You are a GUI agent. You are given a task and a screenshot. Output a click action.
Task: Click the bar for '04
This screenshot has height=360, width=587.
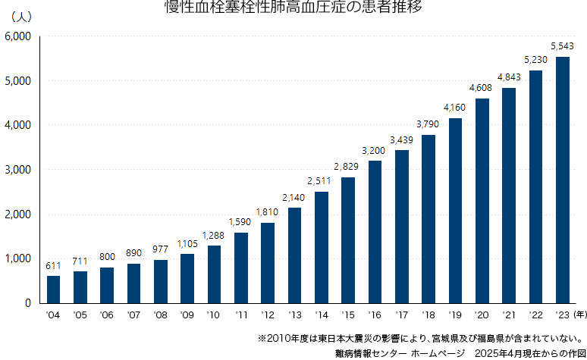coord(53,289)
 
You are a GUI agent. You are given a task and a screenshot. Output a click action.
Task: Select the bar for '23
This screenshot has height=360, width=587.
coord(563,180)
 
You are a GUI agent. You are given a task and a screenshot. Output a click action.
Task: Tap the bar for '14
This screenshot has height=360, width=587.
coord(322,247)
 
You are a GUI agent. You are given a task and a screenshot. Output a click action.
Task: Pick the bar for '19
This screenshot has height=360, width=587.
coord(455,210)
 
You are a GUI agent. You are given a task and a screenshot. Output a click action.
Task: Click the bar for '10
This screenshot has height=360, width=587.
coord(214,274)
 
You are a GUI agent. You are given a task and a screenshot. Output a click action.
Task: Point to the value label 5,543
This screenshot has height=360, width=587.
coord(563,47)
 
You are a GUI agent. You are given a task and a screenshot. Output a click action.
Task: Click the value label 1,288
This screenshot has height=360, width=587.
coord(214,236)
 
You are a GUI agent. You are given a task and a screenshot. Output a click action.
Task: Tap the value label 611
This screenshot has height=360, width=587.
coord(53,266)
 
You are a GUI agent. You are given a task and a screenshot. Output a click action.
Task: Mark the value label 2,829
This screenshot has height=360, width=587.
coord(348,167)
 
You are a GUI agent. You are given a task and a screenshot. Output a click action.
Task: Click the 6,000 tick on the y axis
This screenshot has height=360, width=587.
coord(17,36)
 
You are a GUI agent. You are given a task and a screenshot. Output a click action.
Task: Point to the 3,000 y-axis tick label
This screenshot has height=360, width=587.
coord(17,170)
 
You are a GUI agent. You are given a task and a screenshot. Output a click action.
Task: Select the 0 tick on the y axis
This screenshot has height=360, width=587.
coord(27,303)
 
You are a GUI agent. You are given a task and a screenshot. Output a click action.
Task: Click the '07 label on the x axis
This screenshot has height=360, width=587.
coord(133,315)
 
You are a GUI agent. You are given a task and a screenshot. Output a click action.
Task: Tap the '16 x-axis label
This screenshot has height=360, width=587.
coord(375,315)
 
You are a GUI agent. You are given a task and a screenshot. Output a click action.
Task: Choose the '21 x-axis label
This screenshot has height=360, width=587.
coord(509,315)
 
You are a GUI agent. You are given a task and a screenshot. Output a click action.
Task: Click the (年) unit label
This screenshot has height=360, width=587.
coord(579,315)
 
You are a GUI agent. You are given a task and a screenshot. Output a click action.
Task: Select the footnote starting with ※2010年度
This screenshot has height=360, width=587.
coord(420,338)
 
